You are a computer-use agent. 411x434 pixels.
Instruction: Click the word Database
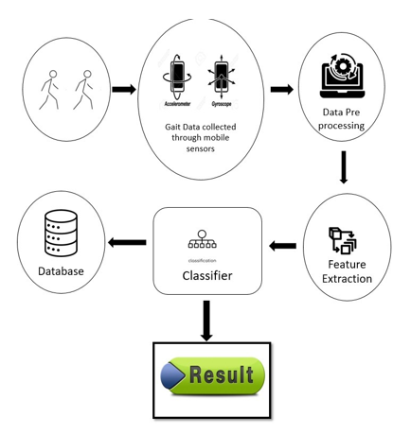coord(61,272)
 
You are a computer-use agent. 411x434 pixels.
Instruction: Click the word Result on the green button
coord(221,373)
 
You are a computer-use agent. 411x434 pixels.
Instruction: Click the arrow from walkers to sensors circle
coord(122,90)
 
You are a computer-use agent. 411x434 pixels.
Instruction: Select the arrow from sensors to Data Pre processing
coord(280,90)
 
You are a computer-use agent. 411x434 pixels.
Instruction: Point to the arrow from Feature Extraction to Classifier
coord(281,247)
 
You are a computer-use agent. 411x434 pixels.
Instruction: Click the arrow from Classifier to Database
coord(126,243)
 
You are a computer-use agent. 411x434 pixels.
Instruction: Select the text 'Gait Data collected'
coord(199,129)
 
